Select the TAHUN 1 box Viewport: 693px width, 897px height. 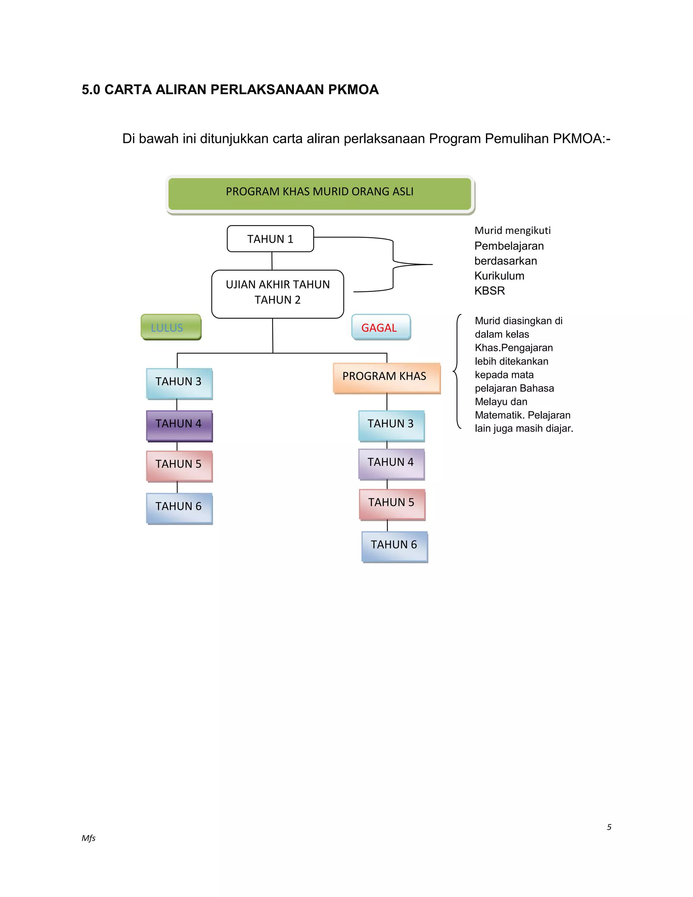click(270, 239)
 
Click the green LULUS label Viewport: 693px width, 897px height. click(171, 327)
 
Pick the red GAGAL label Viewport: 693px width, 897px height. click(381, 327)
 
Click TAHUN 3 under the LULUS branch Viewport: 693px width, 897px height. click(179, 383)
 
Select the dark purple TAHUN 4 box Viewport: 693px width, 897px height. click(179, 425)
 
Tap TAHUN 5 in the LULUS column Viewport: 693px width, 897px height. click(179, 465)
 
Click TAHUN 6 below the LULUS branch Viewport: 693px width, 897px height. click(179, 508)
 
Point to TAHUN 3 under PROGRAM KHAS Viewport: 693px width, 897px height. click(391, 425)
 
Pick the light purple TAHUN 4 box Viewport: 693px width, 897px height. click(391, 464)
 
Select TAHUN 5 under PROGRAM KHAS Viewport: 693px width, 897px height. click(392, 504)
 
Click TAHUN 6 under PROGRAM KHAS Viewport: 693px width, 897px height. click(394, 546)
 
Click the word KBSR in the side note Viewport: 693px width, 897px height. click(489, 291)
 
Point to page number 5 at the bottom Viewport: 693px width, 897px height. click(609, 827)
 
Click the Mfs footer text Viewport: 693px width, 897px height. click(88, 838)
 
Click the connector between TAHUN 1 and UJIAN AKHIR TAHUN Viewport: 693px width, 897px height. click(272, 261)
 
